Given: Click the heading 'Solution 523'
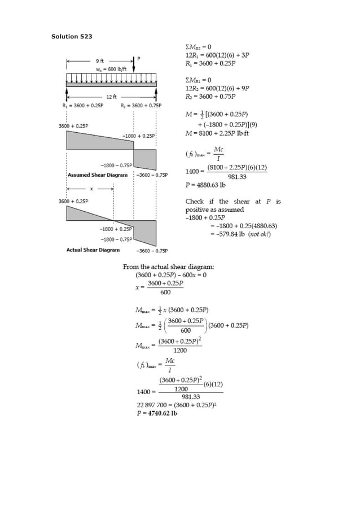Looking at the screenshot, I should pyautogui.click(x=72, y=37).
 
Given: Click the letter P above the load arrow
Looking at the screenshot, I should pyautogui.click(x=139, y=59).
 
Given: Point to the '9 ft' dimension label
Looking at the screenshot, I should pyautogui.click(x=99, y=60).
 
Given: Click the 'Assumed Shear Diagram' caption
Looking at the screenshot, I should pyautogui.click(x=98, y=175).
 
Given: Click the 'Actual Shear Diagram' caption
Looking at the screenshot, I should pyautogui.click(x=93, y=250).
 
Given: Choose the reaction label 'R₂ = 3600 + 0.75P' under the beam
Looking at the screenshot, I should pyautogui.click(x=141, y=106).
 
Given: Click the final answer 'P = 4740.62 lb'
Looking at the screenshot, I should pyautogui.click(x=157, y=413).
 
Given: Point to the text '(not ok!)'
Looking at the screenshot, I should pyautogui.click(x=259, y=234).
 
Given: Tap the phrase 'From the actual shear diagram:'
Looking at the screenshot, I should pyautogui.click(x=168, y=267).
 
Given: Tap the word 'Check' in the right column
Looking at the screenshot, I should pyautogui.click(x=195, y=202).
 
